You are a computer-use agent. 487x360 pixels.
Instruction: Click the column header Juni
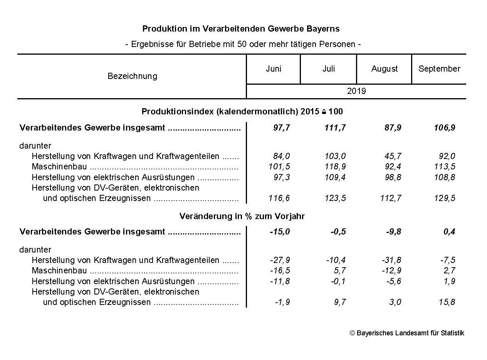(x=274, y=69)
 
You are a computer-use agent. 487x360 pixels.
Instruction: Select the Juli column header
(x=329, y=69)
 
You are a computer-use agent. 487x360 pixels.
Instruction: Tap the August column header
(x=385, y=69)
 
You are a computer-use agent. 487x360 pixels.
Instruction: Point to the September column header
(x=439, y=69)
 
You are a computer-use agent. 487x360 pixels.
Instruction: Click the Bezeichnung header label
(x=132, y=76)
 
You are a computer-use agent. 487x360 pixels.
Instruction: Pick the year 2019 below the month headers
(x=356, y=92)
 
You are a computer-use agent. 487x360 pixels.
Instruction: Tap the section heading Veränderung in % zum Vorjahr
(x=242, y=216)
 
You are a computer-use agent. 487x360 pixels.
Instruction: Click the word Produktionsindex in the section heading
(x=178, y=112)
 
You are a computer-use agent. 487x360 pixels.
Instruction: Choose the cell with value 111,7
(x=335, y=128)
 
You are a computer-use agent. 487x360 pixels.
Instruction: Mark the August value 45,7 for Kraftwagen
(x=393, y=156)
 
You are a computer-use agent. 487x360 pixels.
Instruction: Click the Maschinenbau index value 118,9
(x=335, y=167)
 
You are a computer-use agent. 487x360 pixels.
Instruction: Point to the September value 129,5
(x=447, y=198)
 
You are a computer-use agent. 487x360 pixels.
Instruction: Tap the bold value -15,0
(x=280, y=232)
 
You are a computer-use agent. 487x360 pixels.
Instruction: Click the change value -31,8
(x=391, y=260)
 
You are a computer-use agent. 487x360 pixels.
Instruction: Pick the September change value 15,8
(x=447, y=302)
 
